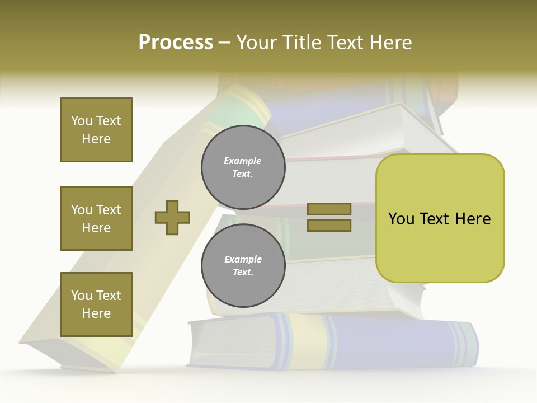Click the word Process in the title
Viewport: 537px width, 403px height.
(176, 43)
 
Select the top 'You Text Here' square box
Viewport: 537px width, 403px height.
(96, 130)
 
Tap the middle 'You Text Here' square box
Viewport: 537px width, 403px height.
(96, 218)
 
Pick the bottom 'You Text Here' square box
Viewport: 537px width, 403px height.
(96, 304)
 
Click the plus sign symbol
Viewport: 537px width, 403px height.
(172, 217)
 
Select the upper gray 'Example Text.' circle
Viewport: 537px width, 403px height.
(243, 167)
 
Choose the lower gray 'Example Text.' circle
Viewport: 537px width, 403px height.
(243, 266)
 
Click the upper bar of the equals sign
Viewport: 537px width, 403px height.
(329, 209)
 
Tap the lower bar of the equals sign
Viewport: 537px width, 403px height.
(329, 225)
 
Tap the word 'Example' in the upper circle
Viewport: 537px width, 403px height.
(243, 161)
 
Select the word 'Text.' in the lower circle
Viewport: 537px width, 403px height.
(243, 273)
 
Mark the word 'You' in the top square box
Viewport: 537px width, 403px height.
(82, 121)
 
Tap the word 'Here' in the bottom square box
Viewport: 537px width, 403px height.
(96, 313)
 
